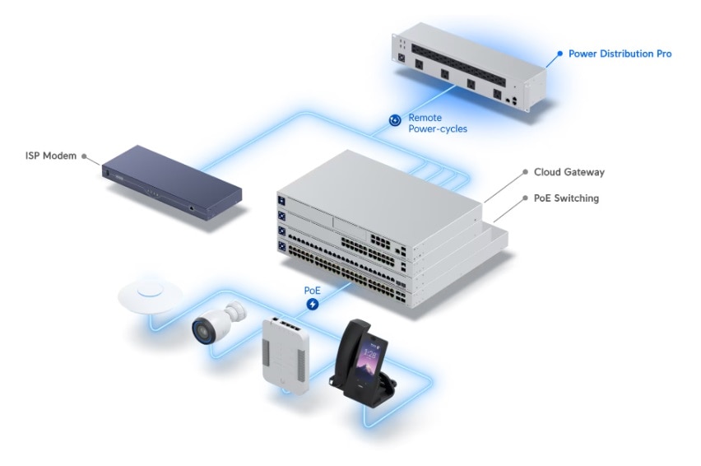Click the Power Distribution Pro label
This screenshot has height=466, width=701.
pos(620,54)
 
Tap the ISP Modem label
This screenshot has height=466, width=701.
pos(51,156)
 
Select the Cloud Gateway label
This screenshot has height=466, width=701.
pos(569,172)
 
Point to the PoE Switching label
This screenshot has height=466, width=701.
pos(566,198)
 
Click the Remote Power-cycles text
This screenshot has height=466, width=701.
pos(437,123)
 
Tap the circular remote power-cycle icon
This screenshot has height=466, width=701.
pos(395,120)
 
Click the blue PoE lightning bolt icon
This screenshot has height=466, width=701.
pos(313,304)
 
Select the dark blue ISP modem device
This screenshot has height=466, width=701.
pos(172,183)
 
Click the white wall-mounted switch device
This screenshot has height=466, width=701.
pos(286,356)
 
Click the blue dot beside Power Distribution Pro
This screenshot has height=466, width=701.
pos(559,54)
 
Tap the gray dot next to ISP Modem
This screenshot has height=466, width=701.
pos(84,156)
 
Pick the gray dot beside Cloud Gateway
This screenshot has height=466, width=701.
pos(525,172)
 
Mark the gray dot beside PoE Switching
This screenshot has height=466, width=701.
pos(525,198)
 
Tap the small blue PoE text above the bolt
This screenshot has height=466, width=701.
pos(312,291)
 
